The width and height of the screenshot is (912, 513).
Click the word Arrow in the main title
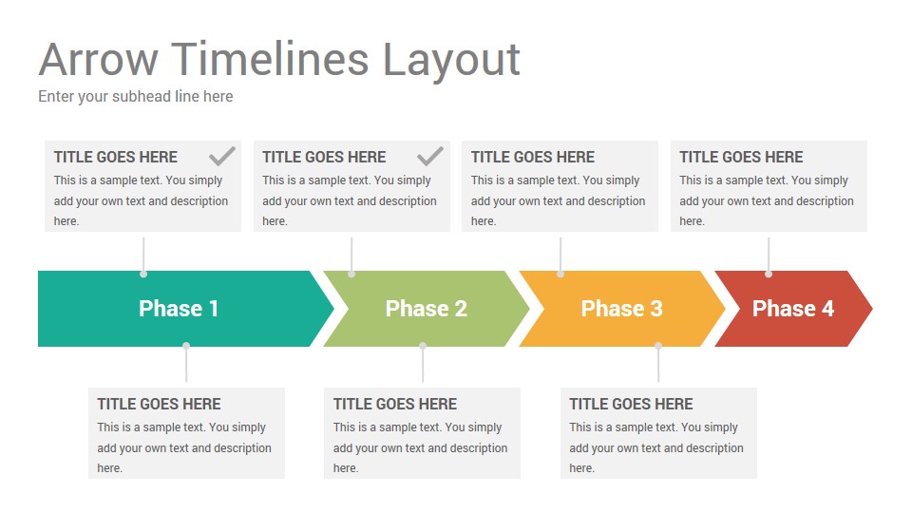98,59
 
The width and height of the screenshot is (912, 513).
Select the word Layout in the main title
451,61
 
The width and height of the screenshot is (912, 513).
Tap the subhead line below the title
136,97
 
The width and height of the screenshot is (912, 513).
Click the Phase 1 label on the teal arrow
179,308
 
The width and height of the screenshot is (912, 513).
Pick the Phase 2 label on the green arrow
427,308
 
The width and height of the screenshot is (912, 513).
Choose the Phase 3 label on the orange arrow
621,308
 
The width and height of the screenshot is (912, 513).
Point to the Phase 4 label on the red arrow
793,308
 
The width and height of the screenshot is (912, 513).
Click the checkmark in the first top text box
222,156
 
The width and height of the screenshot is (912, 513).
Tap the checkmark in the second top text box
430,156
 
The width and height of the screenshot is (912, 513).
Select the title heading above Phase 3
533,157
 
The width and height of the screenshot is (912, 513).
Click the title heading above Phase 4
741,157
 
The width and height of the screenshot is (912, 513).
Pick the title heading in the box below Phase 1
159,405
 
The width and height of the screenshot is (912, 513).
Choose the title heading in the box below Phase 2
395,405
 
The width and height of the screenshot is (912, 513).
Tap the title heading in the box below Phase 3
631,405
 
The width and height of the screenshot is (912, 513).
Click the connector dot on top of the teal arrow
143,274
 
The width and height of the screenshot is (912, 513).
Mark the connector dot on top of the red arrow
769,274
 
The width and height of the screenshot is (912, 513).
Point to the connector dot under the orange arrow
658,346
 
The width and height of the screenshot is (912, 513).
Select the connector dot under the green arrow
423,346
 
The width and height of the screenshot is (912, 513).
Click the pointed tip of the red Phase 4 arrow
872,308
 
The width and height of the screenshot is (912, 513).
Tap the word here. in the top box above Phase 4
693,221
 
